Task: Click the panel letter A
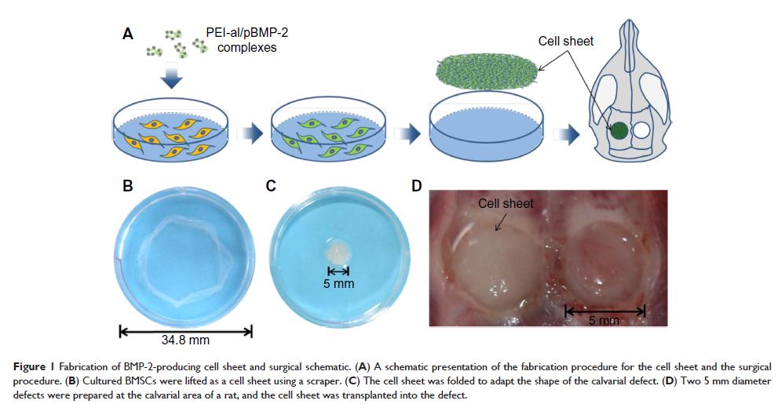point(127,34)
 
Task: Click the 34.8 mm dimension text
point(185,341)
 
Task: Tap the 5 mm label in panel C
point(338,282)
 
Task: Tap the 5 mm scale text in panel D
point(605,321)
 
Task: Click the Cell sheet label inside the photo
point(506,203)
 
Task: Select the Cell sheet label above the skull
point(565,41)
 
